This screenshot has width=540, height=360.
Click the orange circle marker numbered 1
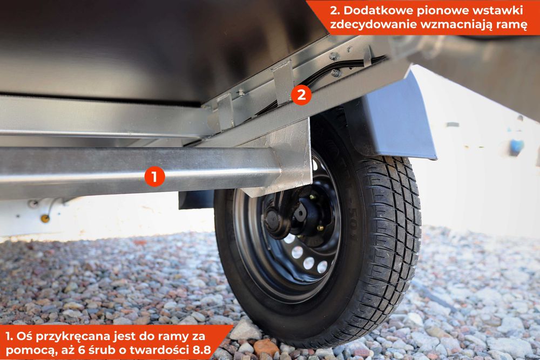(154, 176)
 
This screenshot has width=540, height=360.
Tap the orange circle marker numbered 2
(301, 94)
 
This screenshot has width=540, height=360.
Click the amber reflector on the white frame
(45, 218)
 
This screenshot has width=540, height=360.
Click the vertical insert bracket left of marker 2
(283, 83)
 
